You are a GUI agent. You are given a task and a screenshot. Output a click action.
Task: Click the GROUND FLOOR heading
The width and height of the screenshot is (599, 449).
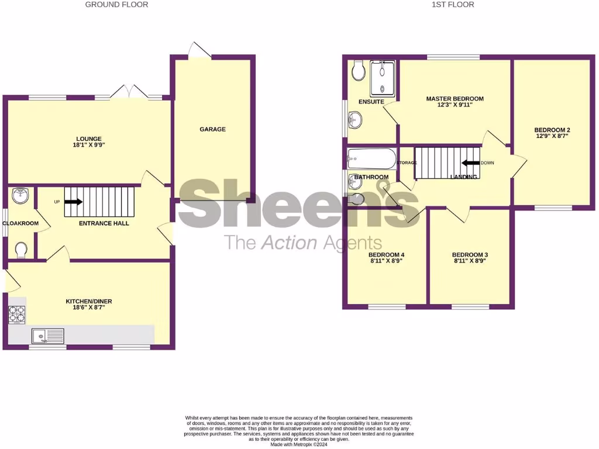116,5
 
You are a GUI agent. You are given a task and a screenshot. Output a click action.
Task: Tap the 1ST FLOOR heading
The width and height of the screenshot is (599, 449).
453,5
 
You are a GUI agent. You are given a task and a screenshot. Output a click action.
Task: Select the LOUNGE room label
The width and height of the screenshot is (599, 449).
88,139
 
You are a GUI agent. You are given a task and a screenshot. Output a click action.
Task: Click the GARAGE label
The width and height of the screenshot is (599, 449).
212,129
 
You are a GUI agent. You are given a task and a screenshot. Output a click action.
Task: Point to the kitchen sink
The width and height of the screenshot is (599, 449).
49,336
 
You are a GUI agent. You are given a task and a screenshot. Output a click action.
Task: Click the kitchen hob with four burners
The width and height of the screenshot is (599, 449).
16,315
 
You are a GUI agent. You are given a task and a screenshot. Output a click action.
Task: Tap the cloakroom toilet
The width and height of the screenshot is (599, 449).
22,250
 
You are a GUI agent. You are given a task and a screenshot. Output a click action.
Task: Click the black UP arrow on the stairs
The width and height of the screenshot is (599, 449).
73,202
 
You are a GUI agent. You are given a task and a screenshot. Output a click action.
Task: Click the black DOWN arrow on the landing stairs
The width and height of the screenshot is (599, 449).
470,163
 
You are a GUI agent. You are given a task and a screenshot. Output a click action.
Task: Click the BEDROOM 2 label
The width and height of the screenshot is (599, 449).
552,130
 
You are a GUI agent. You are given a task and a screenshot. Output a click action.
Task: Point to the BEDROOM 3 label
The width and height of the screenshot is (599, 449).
470,255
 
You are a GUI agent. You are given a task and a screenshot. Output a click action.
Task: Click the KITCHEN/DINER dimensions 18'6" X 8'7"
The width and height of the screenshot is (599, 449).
88,308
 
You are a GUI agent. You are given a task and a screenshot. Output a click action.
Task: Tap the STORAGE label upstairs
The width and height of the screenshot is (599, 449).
407,162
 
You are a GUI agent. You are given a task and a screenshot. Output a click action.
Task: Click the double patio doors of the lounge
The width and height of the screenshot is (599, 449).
130,91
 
